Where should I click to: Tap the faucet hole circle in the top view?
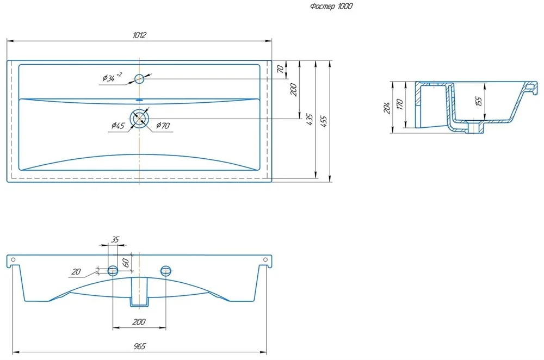click(x=139, y=78)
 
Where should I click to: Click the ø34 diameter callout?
click(x=112, y=78)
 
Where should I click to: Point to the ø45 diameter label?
click(x=118, y=126)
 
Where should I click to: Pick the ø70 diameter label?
click(x=163, y=126)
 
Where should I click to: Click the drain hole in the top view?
click(x=140, y=117)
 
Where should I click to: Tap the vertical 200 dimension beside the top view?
click(x=294, y=89)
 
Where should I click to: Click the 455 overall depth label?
click(x=325, y=120)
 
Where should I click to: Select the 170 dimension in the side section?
click(x=400, y=104)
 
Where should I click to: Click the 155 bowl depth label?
click(x=479, y=101)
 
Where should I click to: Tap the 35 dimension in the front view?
click(x=115, y=239)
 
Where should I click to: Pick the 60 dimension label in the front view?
click(x=125, y=263)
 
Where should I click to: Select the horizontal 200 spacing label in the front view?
click(x=139, y=322)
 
